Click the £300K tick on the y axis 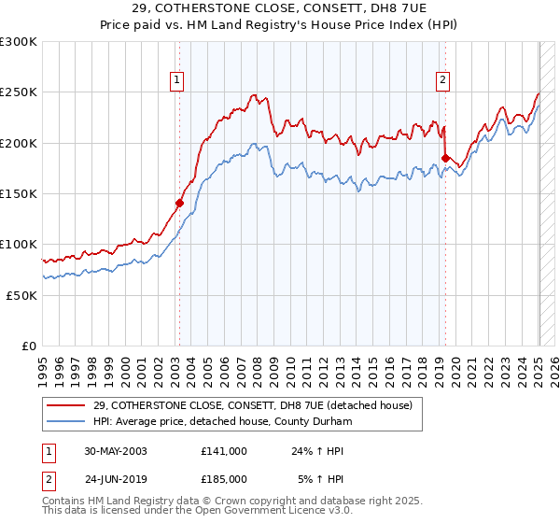pos(19,42)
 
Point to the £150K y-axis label pos(19,193)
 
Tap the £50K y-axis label pos(21,295)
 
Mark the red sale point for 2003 pos(180,202)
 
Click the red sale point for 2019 pos(445,158)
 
